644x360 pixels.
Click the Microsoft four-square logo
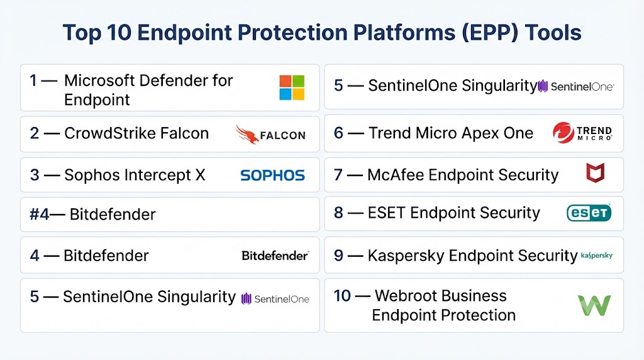292,87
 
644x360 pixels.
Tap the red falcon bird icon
247,135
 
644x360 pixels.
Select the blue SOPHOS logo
272,176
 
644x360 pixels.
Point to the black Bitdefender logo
275,256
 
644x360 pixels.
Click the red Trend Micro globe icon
563,133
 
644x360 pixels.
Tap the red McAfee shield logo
595,172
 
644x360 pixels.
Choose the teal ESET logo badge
589,213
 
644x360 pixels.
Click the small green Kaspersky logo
597,256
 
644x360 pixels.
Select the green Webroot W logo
594,305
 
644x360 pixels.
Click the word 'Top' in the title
82,33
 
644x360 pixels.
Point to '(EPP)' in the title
490,33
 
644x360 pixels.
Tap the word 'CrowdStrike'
109,133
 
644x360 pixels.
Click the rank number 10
342,296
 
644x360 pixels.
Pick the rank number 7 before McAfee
338,175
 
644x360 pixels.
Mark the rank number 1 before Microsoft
33,81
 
